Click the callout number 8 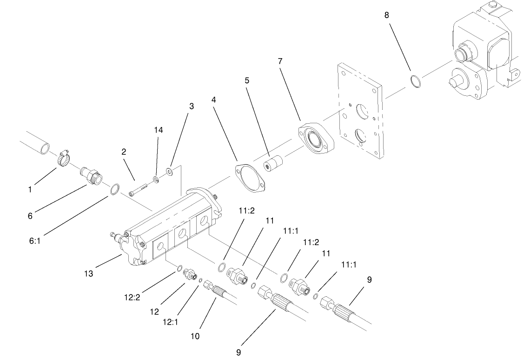(x=387, y=15)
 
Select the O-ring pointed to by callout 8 (x=416, y=81)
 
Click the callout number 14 (x=159, y=131)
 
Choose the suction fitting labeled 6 (x=90, y=176)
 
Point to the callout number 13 (x=88, y=274)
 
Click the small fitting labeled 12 (x=188, y=274)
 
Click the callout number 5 (x=247, y=80)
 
